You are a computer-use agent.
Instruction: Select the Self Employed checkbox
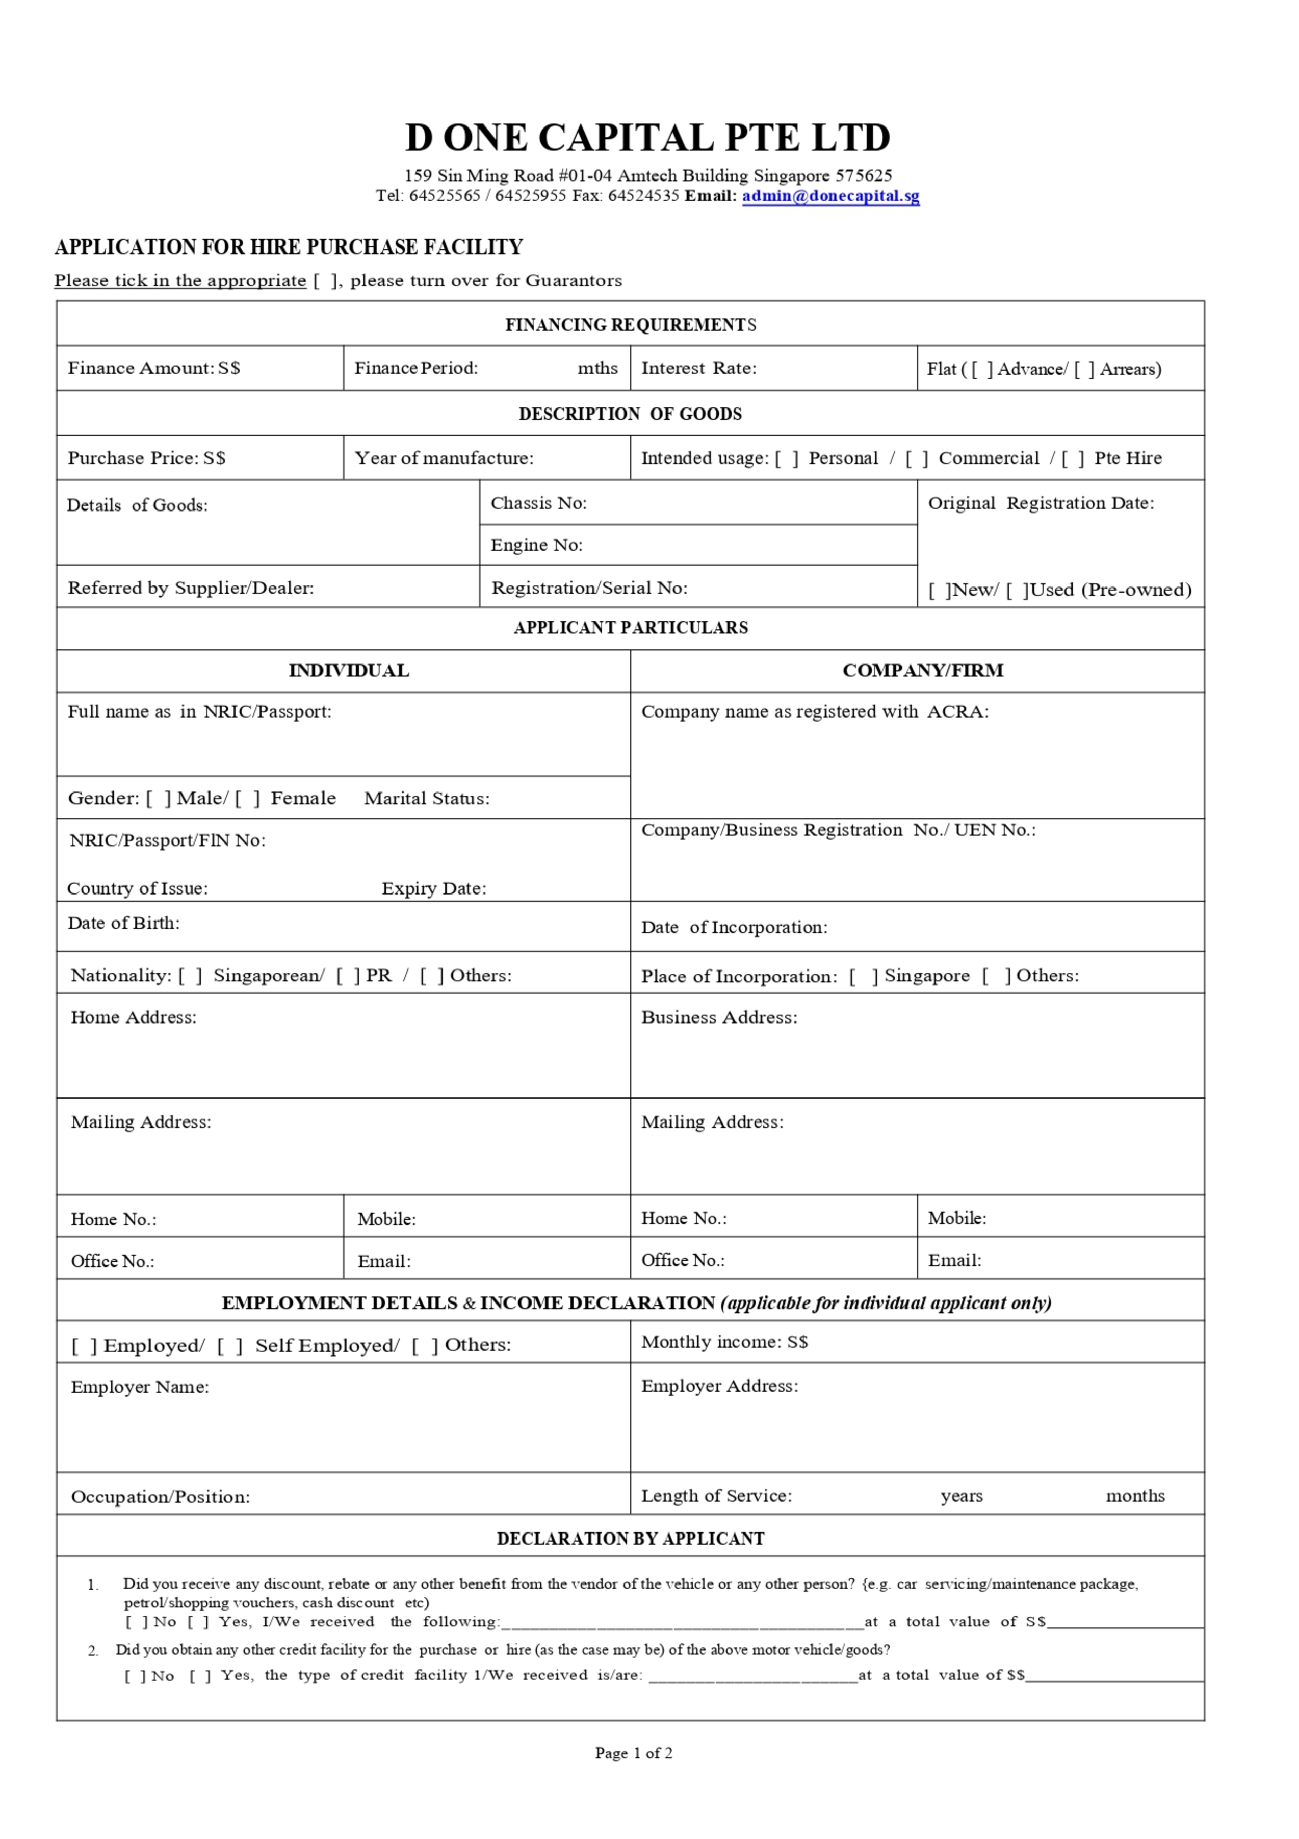pyautogui.click(x=229, y=1346)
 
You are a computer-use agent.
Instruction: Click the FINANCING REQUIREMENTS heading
pyautogui.click(x=630, y=324)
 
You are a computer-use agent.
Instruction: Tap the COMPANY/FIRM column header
pyautogui.click(x=922, y=671)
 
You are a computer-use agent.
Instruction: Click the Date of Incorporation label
pyautogui.click(x=734, y=928)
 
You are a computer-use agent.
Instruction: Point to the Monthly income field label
pyautogui.click(x=724, y=1342)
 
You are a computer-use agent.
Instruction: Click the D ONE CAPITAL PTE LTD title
pyautogui.click(x=647, y=138)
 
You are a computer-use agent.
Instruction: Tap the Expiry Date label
pyautogui.click(x=433, y=888)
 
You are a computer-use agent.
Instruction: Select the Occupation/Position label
pyautogui.click(x=160, y=1497)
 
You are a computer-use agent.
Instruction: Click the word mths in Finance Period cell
pyautogui.click(x=597, y=368)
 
